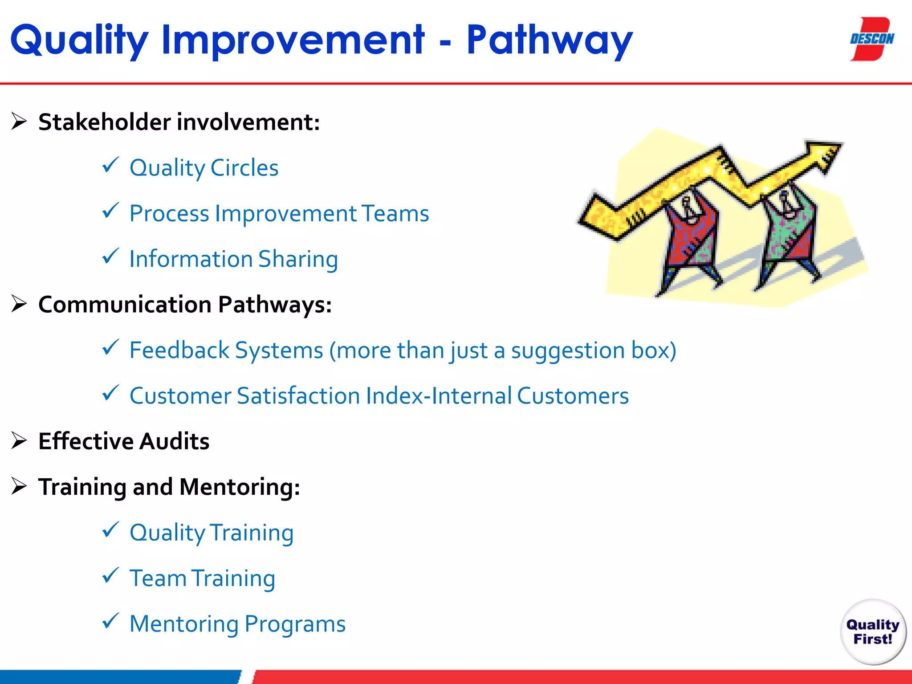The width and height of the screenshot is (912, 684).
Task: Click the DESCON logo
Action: pyautogui.click(x=871, y=39)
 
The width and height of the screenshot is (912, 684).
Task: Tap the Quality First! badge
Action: pyautogui.click(x=873, y=631)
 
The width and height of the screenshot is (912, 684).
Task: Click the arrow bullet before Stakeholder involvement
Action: pyautogui.click(x=19, y=121)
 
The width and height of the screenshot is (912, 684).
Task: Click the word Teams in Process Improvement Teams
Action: pyautogui.click(x=395, y=213)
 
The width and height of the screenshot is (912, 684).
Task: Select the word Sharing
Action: pyautogui.click(x=298, y=259)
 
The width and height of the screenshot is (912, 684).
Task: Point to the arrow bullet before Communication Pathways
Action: pyautogui.click(x=19, y=304)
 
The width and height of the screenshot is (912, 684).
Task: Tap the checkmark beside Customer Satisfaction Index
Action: pyautogui.click(x=110, y=393)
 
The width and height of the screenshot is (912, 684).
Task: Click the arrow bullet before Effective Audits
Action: pyautogui.click(x=19, y=440)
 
